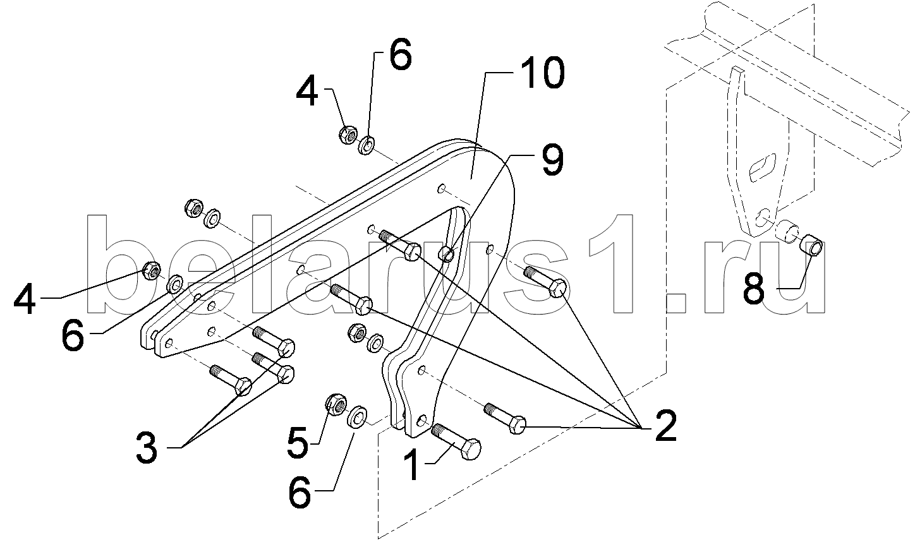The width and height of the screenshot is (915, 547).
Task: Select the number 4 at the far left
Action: click(x=25, y=299)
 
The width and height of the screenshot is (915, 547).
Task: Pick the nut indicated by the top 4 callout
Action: click(x=346, y=135)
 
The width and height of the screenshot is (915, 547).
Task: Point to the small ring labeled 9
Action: click(x=446, y=255)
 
